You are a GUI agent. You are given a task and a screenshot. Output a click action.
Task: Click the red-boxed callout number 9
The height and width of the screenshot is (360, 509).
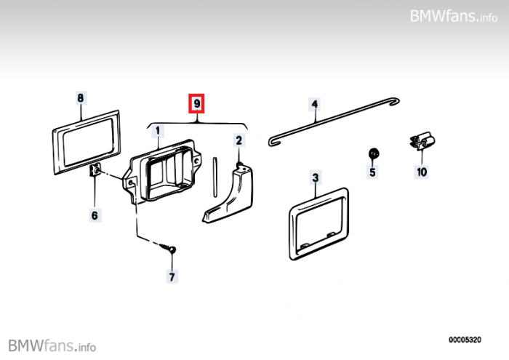click(197, 103)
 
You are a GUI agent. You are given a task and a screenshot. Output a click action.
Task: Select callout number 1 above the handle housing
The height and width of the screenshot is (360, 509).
click(158, 131)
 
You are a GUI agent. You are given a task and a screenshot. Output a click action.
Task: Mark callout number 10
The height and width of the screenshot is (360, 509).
click(422, 172)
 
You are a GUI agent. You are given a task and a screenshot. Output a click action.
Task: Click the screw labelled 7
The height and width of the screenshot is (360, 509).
click(169, 248)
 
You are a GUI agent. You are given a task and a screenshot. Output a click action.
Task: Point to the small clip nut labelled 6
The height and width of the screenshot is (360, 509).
click(95, 169)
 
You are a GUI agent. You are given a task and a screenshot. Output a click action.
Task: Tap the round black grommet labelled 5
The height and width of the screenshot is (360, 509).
click(374, 153)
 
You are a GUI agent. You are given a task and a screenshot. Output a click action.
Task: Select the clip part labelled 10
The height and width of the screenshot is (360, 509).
click(422, 142)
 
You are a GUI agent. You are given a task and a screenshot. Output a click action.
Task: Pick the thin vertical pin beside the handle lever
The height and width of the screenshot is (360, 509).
click(215, 177)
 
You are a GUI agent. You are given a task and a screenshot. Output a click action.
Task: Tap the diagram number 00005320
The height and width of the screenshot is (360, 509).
click(465, 340)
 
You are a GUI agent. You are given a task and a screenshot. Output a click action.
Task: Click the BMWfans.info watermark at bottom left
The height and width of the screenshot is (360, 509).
click(52, 345)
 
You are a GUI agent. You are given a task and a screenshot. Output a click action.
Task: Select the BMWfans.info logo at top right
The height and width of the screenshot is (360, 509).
click(454, 16)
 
